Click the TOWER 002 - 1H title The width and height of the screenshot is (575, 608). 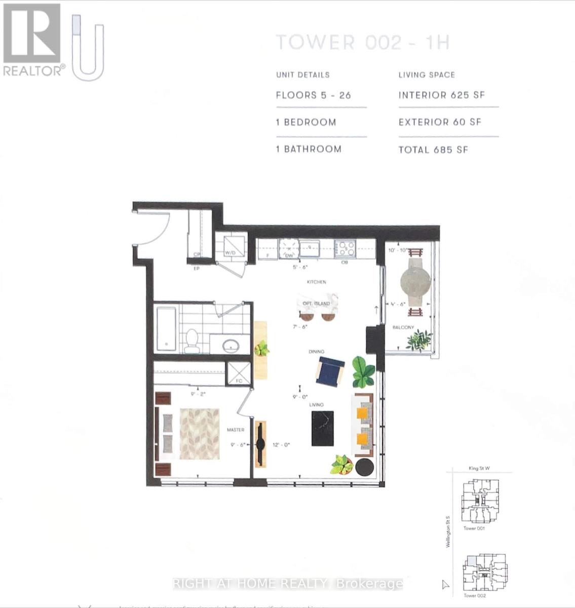pyautogui.click(x=362, y=43)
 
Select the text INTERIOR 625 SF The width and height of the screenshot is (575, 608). pyautogui.click(x=441, y=95)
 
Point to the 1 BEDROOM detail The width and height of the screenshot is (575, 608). pyautogui.click(x=306, y=122)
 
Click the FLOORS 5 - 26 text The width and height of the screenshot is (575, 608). pyautogui.click(x=313, y=95)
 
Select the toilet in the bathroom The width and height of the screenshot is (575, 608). pyautogui.click(x=192, y=340)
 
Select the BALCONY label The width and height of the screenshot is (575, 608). pyautogui.click(x=403, y=328)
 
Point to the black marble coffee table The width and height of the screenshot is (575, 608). pyautogui.click(x=323, y=429)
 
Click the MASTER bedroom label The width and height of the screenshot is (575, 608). pyautogui.click(x=236, y=430)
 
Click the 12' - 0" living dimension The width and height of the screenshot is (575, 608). pyautogui.click(x=281, y=445)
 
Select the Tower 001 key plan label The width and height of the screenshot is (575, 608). pyautogui.click(x=474, y=528)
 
